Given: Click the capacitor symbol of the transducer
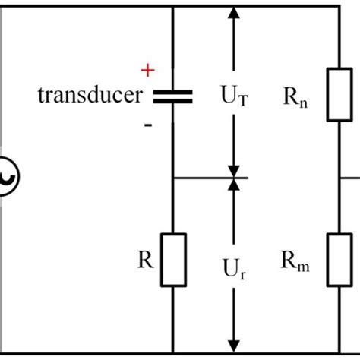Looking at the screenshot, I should tap(174, 96).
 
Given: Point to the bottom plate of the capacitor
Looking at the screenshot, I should tap(174, 101).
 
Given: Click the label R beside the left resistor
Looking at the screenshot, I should tap(147, 262).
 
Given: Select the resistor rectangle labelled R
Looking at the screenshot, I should tap(174, 261).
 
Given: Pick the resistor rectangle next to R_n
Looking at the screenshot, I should tap(338, 95).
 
